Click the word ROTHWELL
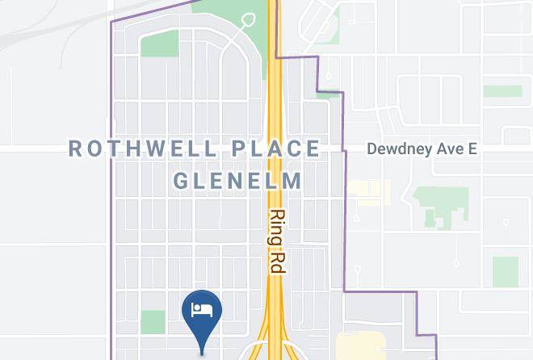[143, 149]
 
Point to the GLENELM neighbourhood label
[238, 180]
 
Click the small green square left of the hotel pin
[153, 322]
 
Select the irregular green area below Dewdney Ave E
[440, 206]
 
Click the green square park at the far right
[506, 272]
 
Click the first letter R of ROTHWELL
[75, 149]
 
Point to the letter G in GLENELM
[181, 180]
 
